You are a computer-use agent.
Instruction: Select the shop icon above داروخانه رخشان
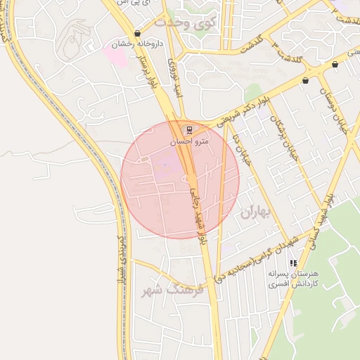(x=137, y=33)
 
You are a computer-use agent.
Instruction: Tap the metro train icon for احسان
(x=188, y=129)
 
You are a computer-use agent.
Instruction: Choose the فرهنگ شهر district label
(x=172, y=289)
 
